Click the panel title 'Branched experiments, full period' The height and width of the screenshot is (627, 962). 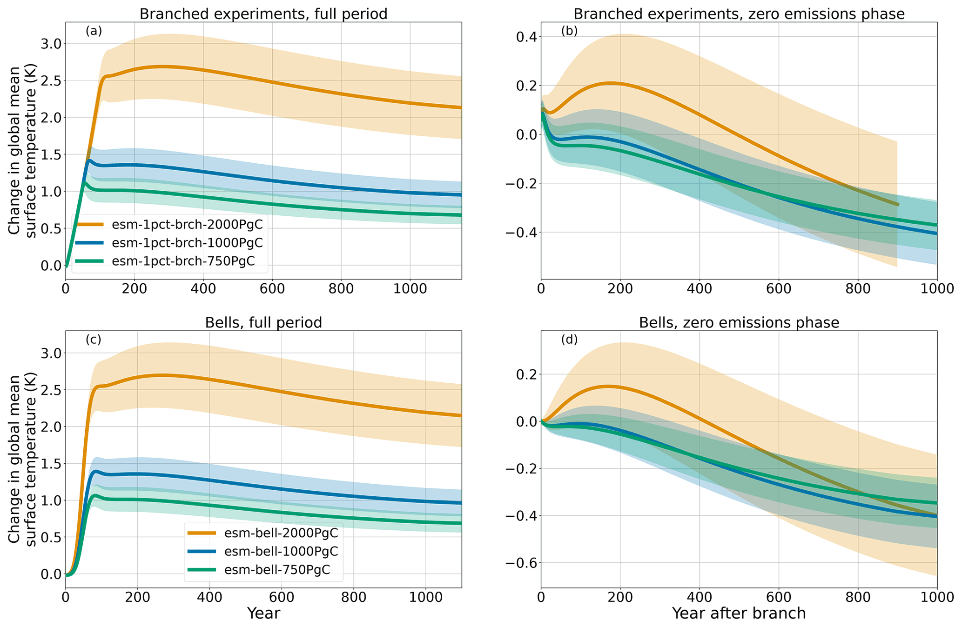[x=263, y=14]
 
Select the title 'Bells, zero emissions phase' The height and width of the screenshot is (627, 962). [x=739, y=323]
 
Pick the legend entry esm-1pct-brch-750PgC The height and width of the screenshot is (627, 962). [x=183, y=261]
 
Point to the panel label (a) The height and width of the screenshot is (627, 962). [x=94, y=31]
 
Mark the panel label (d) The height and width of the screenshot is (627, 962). [x=569, y=340]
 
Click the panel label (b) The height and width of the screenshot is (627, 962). [x=569, y=31]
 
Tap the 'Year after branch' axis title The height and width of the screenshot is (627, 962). [x=739, y=614]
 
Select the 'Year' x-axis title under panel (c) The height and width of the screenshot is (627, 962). [x=263, y=614]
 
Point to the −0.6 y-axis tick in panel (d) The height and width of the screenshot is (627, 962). [x=519, y=563]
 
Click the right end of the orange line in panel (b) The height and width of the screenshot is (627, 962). [x=897, y=205]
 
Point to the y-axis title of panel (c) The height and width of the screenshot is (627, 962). [x=22, y=459]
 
